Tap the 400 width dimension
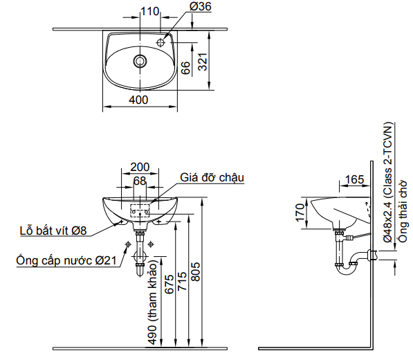point(139,100)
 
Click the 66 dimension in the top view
point(185,67)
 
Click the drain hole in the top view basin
point(140,60)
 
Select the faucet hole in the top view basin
point(160,43)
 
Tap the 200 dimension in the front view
point(140,168)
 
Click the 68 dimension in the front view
point(140,181)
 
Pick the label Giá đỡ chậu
point(212,177)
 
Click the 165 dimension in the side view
point(354,180)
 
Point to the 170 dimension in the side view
point(300,211)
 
